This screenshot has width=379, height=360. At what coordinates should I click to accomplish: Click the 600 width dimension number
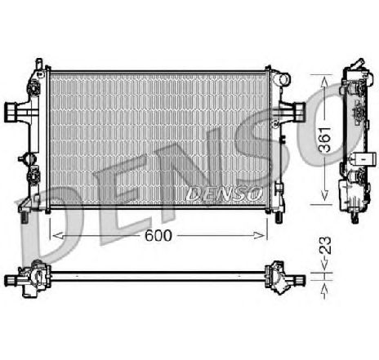158,235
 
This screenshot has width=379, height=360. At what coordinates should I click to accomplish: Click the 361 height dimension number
325,139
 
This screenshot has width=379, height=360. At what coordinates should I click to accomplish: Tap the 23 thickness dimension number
325,246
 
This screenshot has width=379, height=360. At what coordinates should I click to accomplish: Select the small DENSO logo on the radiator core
224,193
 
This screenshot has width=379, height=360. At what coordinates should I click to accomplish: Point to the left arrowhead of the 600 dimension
58,236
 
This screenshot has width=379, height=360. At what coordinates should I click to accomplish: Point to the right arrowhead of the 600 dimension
259,236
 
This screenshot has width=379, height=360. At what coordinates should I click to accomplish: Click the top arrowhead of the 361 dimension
324,82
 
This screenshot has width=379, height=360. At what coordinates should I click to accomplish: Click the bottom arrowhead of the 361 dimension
324,195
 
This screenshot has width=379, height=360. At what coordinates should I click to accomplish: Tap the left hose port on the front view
11,112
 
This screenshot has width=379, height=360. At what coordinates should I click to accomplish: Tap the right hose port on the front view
299,112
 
